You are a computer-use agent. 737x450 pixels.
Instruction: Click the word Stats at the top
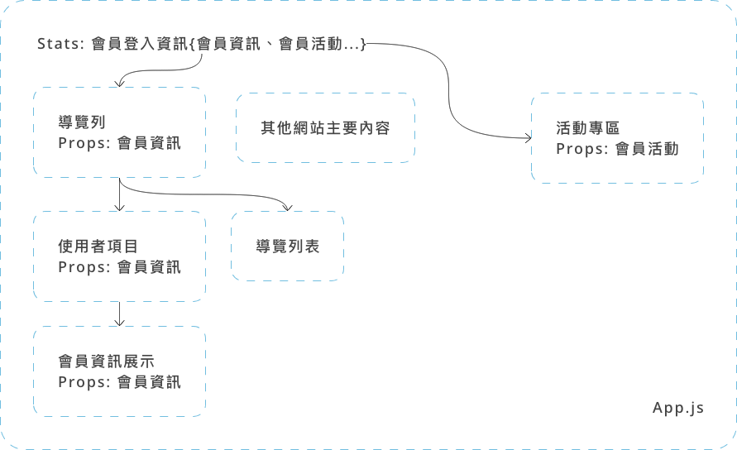(57, 44)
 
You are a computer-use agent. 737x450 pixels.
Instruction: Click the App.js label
(678, 408)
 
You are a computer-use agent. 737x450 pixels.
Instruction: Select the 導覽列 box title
(82, 121)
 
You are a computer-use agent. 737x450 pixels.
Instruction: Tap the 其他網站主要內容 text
(325, 128)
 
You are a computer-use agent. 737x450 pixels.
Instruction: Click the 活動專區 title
(588, 128)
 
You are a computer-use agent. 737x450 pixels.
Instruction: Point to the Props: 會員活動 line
(617, 149)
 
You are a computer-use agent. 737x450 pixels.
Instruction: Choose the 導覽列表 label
(287, 247)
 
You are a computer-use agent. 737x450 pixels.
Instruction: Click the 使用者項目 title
(98, 246)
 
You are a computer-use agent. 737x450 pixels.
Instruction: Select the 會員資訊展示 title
(106, 361)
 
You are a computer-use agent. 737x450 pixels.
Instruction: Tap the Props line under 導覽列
(119, 143)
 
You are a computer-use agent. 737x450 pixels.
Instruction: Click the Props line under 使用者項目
(119, 267)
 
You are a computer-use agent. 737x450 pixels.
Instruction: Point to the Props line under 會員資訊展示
(119, 382)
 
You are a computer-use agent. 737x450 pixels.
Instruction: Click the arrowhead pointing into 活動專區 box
(527, 137)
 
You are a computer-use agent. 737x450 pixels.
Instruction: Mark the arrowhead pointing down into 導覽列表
(287, 207)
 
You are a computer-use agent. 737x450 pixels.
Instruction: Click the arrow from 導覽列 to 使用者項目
(121, 195)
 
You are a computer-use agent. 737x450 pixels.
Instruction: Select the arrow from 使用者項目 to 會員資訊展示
(121, 314)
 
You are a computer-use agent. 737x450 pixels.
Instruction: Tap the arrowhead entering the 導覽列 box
(121, 83)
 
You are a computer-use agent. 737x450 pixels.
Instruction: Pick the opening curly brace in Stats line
(192, 44)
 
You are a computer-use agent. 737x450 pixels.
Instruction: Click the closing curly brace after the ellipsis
(362, 44)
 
